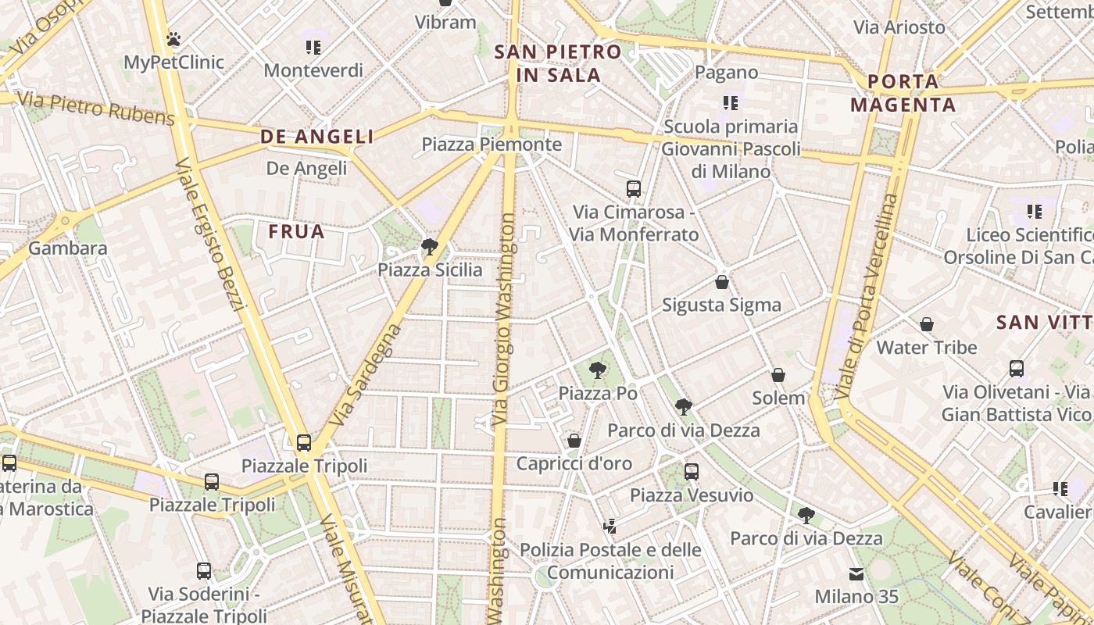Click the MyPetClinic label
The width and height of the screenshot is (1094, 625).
coord(174,62)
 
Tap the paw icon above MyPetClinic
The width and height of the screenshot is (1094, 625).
coord(173,38)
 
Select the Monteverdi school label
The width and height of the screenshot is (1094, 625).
coord(313,70)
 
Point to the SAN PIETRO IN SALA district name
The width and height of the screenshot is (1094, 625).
coord(558,63)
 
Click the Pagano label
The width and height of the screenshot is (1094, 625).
coord(726,73)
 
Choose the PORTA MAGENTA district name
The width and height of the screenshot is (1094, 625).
coord(903,93)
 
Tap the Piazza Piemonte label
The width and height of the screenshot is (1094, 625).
coord(492,145)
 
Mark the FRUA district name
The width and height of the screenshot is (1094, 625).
coord(296,231)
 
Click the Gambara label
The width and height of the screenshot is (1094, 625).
coord(68,248)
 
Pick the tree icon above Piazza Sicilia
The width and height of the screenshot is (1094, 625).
coord(429,248)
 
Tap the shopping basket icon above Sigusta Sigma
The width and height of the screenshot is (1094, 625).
coord(722,282)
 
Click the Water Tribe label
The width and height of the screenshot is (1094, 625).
coord(927,347)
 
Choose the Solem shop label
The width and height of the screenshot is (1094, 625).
coord(778,398)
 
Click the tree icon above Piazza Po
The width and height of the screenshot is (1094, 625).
coord(598,370)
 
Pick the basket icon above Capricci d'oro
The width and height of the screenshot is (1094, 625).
coord(574,441)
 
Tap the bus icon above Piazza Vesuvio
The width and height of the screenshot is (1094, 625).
coord(692,471)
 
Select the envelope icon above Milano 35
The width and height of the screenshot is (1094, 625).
coord(856,574)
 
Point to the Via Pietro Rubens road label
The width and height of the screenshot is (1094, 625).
coord(95,109)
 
